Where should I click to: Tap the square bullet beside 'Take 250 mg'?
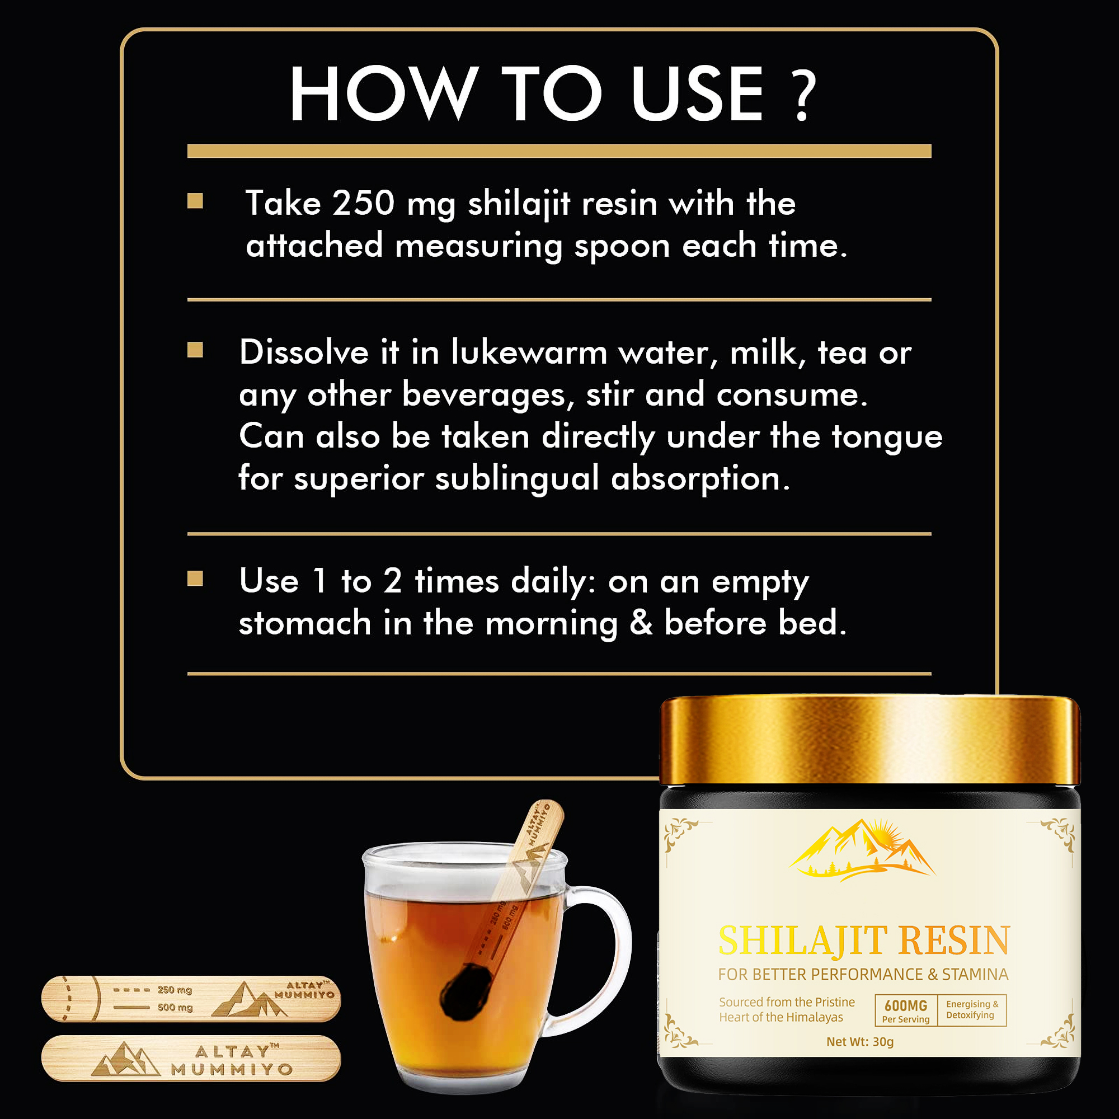195,201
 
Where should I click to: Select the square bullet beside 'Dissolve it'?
195,350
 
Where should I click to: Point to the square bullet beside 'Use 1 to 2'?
195,579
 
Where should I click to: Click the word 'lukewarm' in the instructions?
529,352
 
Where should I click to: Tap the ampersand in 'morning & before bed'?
641,623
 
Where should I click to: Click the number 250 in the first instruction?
363,203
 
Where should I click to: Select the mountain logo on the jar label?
861,850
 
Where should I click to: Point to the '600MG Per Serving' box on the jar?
905,1010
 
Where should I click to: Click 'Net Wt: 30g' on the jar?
859,1041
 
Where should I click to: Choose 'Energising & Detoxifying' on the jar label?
972,1009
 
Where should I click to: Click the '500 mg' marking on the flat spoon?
175,1007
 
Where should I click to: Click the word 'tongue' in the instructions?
887,437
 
